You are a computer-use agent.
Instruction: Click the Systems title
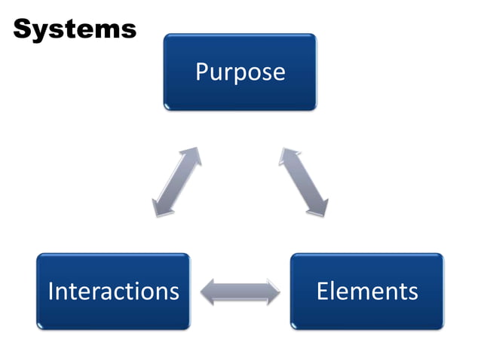click(75, 29)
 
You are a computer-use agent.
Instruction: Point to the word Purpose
click(240, 72)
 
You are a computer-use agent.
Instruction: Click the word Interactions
click(113, 291)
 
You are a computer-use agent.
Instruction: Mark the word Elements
click(366, 291)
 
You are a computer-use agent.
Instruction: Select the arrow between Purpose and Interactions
click(177, 182)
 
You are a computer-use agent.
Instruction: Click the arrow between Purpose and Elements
click(305, 182)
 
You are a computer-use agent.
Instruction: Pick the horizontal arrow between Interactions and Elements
click(240, 291)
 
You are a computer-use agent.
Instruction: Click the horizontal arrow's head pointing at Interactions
click(205, 291)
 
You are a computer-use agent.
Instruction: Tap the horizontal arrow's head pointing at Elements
click(275, 291)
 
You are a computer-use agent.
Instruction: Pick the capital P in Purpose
click(201, 72)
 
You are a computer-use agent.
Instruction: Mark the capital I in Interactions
click(51, 291)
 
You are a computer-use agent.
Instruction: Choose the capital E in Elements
click(322, 291)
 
